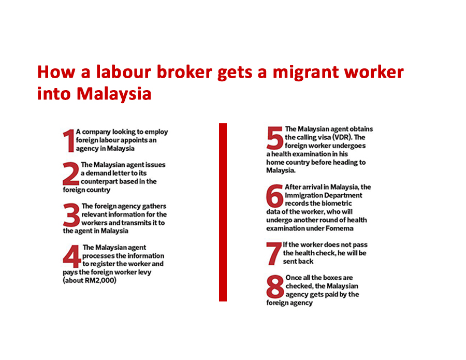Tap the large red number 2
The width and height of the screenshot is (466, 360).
tap(71, 174)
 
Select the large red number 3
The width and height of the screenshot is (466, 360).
tap(72, 214)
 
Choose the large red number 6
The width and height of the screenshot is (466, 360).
tap(275, 196)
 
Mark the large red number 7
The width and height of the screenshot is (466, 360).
tap(274, 253)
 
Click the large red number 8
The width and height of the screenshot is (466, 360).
tap(275, 287)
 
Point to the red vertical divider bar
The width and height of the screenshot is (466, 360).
tap(223, 212)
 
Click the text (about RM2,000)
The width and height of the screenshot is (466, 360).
tap(90, 281)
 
